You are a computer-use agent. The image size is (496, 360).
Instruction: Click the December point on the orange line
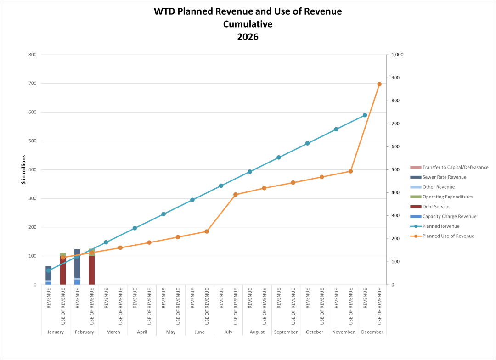(x=379, y=84)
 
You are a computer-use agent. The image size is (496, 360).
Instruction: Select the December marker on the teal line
(x=365, y=115)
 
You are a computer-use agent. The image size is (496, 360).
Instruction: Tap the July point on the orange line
(x=235, y=194)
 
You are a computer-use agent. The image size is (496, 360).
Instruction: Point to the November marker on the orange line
(x=350, y=171)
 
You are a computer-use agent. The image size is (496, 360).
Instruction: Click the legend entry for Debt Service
(x=436, y=207)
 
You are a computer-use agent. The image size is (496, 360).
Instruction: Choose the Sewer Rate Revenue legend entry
(x=444, y=177)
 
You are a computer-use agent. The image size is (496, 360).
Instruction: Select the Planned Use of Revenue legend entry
(x=448, y=236)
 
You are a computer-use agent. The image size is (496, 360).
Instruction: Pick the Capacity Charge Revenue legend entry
(x=449, y=216)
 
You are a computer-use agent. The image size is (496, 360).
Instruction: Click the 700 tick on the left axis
(x=33, y=84)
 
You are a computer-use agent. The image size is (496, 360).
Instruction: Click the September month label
(x=286, y=332)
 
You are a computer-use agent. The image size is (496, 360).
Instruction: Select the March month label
(x=113, y=332)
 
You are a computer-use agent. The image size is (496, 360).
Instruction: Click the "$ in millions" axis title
(x=23, y=170)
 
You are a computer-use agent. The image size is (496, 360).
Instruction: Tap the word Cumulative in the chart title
(x=248, y=24)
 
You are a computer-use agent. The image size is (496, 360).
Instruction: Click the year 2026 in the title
(x=248, y=37)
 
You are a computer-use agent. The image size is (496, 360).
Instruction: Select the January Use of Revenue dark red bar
(x=63, y=273)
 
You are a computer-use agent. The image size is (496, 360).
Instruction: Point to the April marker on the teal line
(x=135, y=228)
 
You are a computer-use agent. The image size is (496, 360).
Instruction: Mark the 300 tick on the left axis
(x=33, y=199)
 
